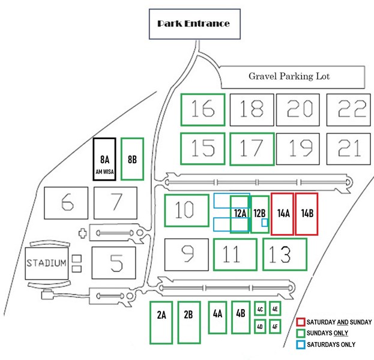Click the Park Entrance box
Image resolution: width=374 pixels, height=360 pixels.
[193, 24]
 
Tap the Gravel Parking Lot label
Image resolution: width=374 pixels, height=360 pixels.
[289, 77]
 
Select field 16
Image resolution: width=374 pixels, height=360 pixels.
[203, 109]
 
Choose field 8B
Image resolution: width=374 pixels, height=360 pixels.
[132, 159]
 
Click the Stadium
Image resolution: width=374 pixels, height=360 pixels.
[46, 263]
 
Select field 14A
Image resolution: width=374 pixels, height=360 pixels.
[282, 214]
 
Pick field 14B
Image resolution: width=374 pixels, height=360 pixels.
[306, 214]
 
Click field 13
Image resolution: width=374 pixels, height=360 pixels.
[285, 254]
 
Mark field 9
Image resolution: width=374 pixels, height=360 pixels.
[187, 254]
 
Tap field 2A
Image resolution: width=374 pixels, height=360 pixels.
[161, 322]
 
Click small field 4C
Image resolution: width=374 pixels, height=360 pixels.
[260, 309]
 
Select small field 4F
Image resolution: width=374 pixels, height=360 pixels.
[274, 327]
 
